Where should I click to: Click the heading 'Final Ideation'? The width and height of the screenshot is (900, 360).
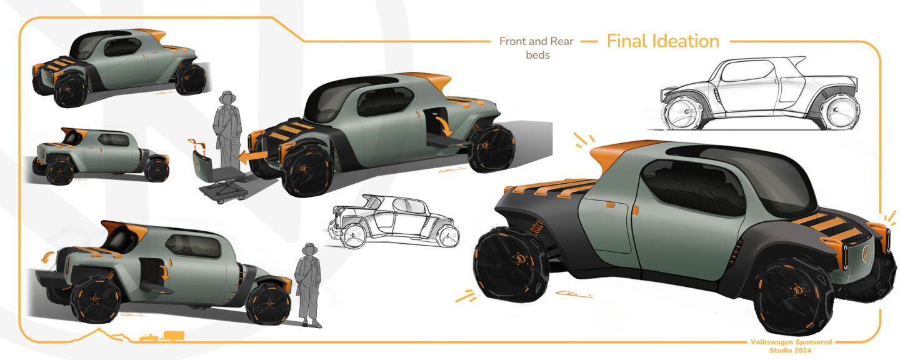[662, 41]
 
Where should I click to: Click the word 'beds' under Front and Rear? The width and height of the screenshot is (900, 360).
[537, 55]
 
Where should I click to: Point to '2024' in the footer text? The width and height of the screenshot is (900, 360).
[802, 351]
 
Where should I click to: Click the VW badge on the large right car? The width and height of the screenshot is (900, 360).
[867, 254]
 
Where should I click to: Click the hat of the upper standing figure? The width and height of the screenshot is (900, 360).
[227, 96]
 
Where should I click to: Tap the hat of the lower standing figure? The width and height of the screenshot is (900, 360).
[310, 248]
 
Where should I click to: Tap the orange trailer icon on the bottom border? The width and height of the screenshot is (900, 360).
[174, 336]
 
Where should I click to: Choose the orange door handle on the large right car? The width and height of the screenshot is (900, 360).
[636, 211]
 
